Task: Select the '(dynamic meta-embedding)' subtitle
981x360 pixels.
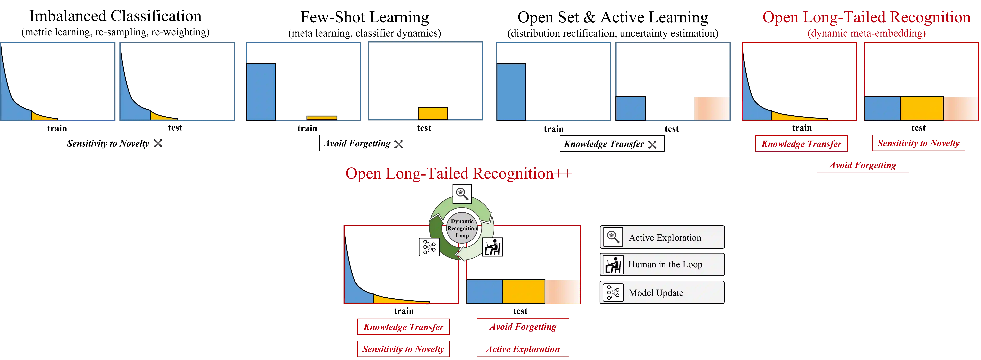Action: [866, 34]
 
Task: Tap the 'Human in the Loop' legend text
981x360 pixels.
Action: [665, 264]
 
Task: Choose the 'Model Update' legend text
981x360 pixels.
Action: [656, 293]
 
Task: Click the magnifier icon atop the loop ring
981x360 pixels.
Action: [462, 194]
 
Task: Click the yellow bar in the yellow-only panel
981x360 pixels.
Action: [433, 113]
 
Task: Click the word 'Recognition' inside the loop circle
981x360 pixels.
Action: [462, 228]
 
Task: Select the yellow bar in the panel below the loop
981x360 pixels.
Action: [524, 292]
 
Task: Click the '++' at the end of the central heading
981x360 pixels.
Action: [564, 174]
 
